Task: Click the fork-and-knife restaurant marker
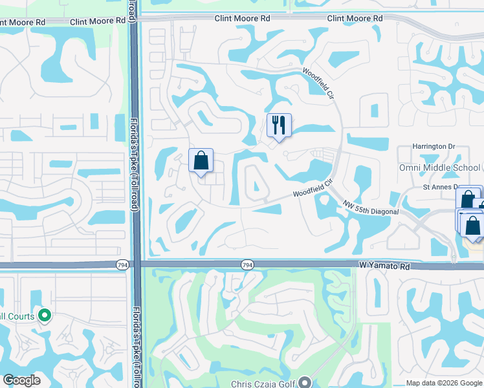(x=279, y=125)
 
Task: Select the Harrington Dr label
(x=434, y=147)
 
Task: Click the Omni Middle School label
(x=439, y=167)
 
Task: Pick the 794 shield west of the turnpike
(x=123, y=264)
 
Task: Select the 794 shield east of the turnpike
(x=247, y=264)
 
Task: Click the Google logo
(x=21, y=380)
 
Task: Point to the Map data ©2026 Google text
(x=444, y=383)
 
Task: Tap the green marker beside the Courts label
(x=45, y=316)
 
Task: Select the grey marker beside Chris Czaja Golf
(x=306, y=383)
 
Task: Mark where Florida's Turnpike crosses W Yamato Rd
(x=135, y=264)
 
